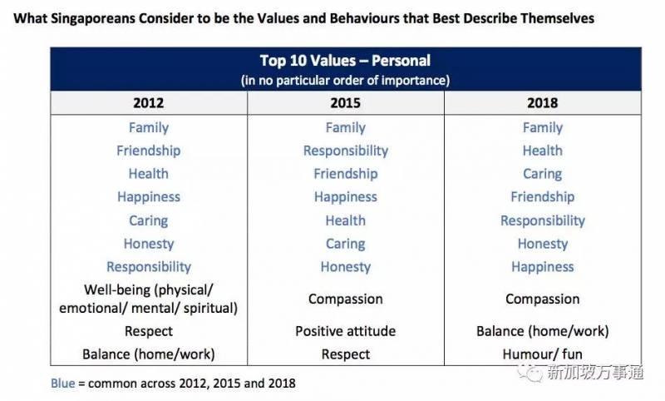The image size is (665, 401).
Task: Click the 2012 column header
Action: point(149,103)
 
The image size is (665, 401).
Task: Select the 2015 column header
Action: point(346,103)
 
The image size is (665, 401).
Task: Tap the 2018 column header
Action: point(542,103)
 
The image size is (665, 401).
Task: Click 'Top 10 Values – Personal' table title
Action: point(345,62)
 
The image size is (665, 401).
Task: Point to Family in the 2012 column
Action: point(149,127)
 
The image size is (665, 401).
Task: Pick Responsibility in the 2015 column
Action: point(346,151)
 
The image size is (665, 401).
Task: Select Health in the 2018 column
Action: point(542,151)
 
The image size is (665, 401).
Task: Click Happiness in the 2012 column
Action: point(149,197)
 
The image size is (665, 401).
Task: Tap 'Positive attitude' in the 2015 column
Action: point(346,331)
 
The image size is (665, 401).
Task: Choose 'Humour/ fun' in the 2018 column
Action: point(542,354)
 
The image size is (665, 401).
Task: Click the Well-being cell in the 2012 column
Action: point(149,299)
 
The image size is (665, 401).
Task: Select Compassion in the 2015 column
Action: point(346,299)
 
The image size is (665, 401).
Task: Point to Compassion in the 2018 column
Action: point(542,299)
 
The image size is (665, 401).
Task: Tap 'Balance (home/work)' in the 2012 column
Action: point(149,354)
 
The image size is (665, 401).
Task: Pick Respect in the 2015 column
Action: point(346,354)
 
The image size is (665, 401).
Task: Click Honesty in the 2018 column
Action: point(542,244)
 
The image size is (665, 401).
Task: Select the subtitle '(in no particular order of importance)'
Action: point(345,80)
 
